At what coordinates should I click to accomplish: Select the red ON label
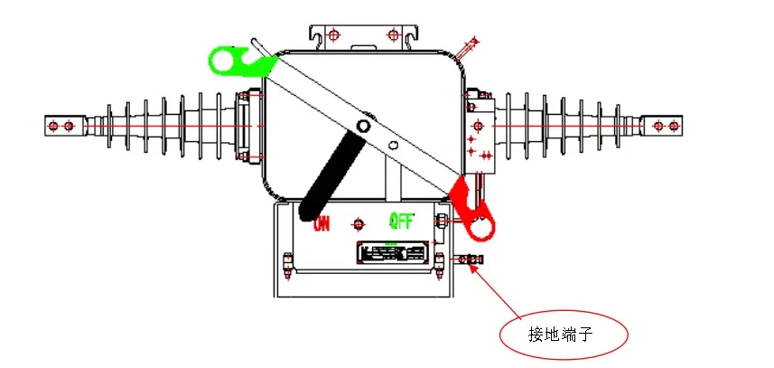(322, 224)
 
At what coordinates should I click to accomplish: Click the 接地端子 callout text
(559, 335)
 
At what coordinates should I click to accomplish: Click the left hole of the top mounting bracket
(332, 35)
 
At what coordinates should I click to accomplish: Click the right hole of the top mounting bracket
(392, 35)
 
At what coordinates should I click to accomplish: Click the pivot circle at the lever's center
(363, 127)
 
